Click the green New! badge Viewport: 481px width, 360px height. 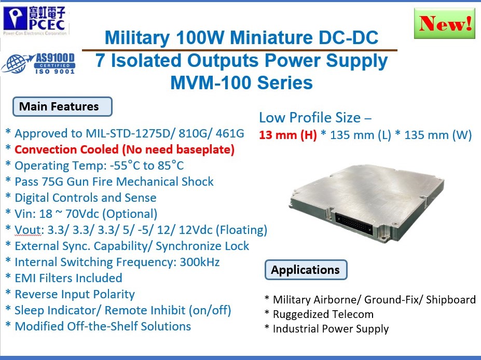tap(445, 23)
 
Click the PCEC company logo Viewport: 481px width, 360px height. tap(36, 20)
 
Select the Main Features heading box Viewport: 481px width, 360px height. tap(62, 106)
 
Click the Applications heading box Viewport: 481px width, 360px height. tap(306, 270)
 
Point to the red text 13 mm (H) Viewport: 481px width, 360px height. tap(288, 135)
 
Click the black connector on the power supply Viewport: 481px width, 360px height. tap(354, 224)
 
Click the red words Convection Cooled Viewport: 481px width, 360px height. tap(66, 149)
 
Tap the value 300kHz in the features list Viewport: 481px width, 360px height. tap(200, 262)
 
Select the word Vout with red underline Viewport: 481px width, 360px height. tap(28, 230)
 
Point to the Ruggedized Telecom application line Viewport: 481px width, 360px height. tap(323, 314)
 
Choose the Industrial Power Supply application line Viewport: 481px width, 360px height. tap(331, 329)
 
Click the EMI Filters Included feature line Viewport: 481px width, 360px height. tap(68, 278)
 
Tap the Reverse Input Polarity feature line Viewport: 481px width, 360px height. tap(75, 294)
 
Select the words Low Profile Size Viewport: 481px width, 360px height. tap(310, 117)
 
